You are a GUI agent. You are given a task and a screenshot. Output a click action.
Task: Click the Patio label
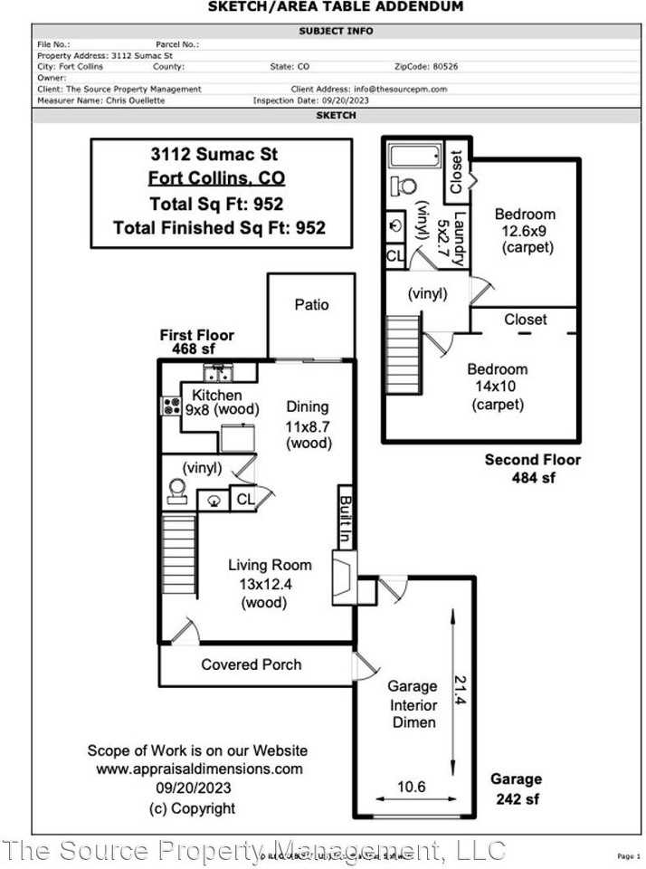(311, 305)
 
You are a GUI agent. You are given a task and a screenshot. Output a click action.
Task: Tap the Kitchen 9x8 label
(217, 402)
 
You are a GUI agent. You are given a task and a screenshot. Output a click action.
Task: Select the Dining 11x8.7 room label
(308, 425)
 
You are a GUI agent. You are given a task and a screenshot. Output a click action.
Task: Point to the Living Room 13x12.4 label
(270, 583)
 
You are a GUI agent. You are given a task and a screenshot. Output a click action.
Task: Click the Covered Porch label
(252, 664)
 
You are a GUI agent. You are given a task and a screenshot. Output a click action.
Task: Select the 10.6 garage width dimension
(412, 788)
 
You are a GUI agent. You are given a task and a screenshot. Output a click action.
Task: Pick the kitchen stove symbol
(169, 406)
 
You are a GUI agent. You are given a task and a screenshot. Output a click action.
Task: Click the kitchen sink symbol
(218, 372)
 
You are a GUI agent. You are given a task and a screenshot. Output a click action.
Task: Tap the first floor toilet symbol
(176, 490)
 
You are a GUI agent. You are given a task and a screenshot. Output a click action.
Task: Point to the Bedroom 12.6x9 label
(525, 231)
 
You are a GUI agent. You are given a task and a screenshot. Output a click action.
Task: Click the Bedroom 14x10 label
(498, 387)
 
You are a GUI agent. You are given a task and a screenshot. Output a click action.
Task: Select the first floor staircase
(178, 541)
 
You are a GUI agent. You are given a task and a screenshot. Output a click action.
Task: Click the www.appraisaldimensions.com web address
(199, 769)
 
